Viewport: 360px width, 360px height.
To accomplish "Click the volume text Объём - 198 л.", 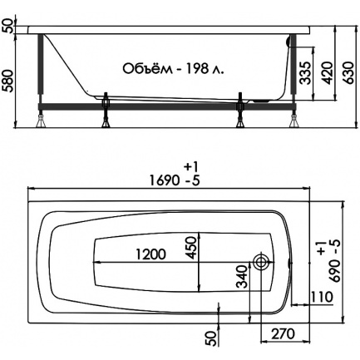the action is pos(173,69).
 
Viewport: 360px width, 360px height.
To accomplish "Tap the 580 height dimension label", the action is pos(7,81).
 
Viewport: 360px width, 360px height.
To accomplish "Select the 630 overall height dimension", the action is pos(348,73).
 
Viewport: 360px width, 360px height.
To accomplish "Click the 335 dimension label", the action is pos(305,73).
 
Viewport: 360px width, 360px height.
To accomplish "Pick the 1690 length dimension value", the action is pos(164,181).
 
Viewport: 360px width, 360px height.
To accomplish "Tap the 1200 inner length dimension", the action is pos(150,254).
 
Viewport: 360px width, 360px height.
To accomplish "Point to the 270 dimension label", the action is pos(283,334).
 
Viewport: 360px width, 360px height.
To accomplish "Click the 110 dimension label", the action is pos(321,297).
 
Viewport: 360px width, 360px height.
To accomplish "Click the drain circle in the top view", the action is pos(261,261).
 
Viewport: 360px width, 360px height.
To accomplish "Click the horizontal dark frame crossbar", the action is pos(167,106).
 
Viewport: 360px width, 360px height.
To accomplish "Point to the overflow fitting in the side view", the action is pos(288,42).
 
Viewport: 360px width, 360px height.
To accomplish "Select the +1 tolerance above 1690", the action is pos(191,167).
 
